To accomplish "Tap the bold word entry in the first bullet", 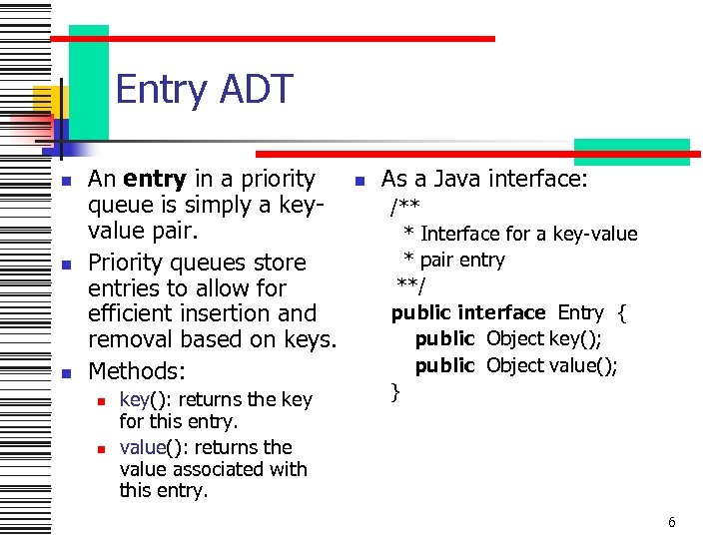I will pos(155,179).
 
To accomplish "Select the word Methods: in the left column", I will pos(137,371).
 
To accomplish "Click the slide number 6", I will pos(672,522).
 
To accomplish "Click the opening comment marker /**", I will pos(404,207).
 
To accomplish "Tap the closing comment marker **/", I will pos(411,286).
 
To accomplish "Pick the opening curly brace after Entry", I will pos(622,313).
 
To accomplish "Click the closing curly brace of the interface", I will pos(395,392).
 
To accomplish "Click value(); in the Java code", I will pos(579,365).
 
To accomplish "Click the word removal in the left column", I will pos(129,340).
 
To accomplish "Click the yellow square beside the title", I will pos(45,100).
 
